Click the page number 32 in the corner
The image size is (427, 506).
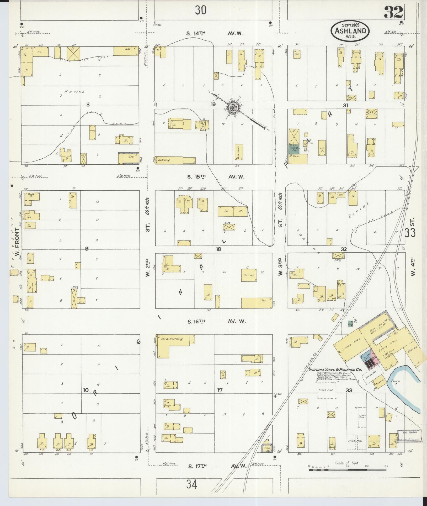393,13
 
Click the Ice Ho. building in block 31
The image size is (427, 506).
322,148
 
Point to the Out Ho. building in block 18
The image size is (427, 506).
249,275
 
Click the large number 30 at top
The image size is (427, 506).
200,10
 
